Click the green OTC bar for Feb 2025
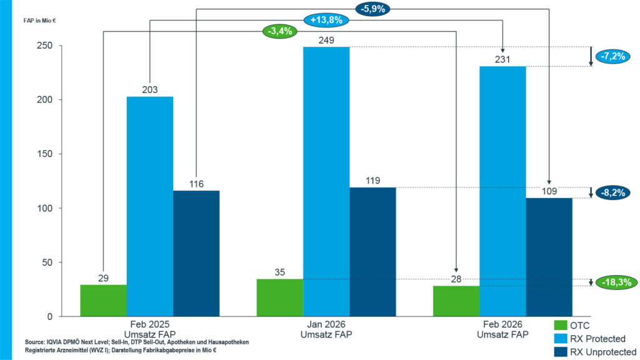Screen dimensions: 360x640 (103, 301)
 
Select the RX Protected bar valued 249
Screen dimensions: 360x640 (326, 181)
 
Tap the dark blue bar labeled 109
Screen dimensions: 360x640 (549, 257)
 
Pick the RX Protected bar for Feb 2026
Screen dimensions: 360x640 (502, 191)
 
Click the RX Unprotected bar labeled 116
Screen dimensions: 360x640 (196, 254)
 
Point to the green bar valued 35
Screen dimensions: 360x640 (279, 298)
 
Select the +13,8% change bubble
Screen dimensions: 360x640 (326, 20)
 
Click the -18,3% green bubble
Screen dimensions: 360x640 (613, 282)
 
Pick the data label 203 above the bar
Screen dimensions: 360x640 (149, 89)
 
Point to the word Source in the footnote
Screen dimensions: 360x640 (34, 342)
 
